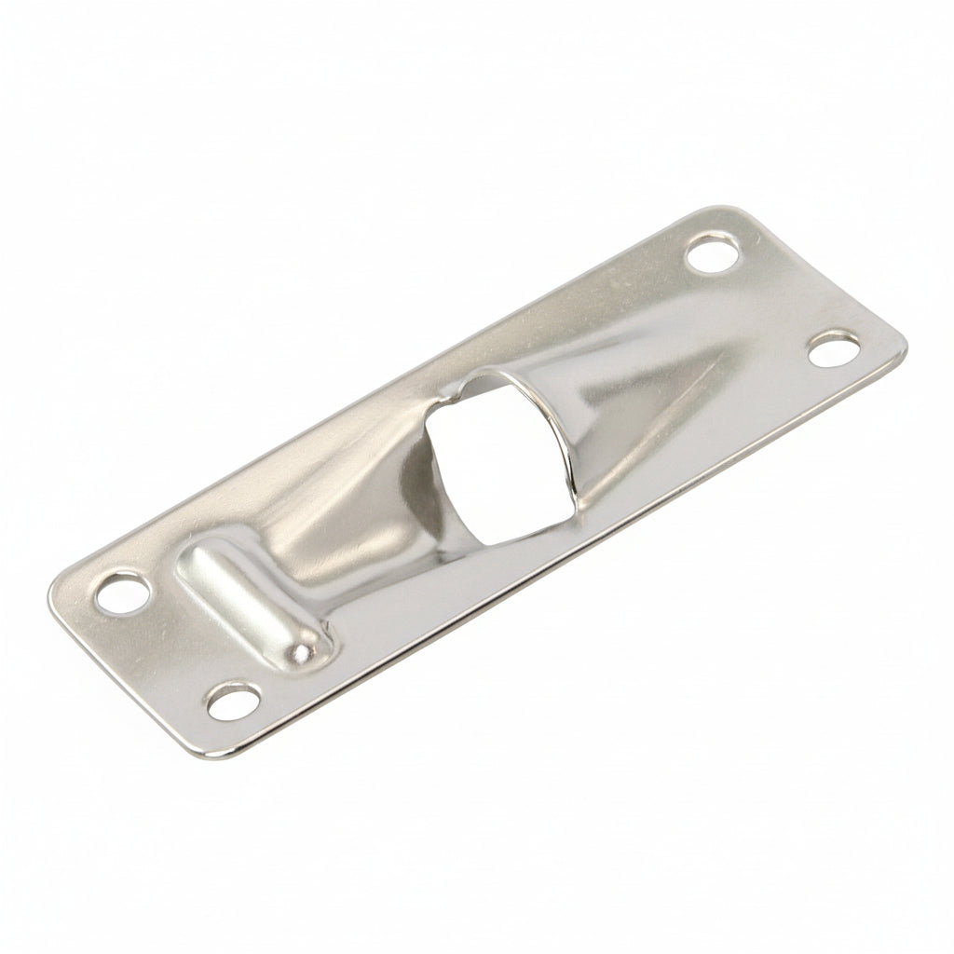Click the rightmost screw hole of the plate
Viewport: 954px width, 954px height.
(x=832, y=348)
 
